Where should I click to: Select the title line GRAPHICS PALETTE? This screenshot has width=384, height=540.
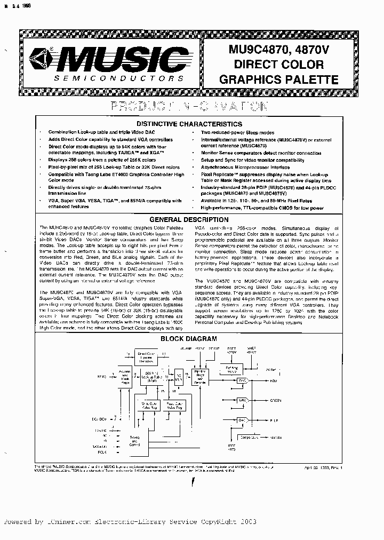tap(279, 80)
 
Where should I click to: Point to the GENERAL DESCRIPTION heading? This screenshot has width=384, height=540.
tap(189, 219)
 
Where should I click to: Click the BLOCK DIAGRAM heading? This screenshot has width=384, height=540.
tap(189, 338)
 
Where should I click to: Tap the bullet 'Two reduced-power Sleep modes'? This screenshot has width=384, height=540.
tap(237, 132)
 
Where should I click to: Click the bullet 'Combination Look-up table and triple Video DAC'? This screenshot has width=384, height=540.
tap(94, 132)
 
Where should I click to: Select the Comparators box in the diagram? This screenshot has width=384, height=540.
tap(249, 436)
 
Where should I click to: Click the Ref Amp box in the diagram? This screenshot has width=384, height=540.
tap(231, 369)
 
